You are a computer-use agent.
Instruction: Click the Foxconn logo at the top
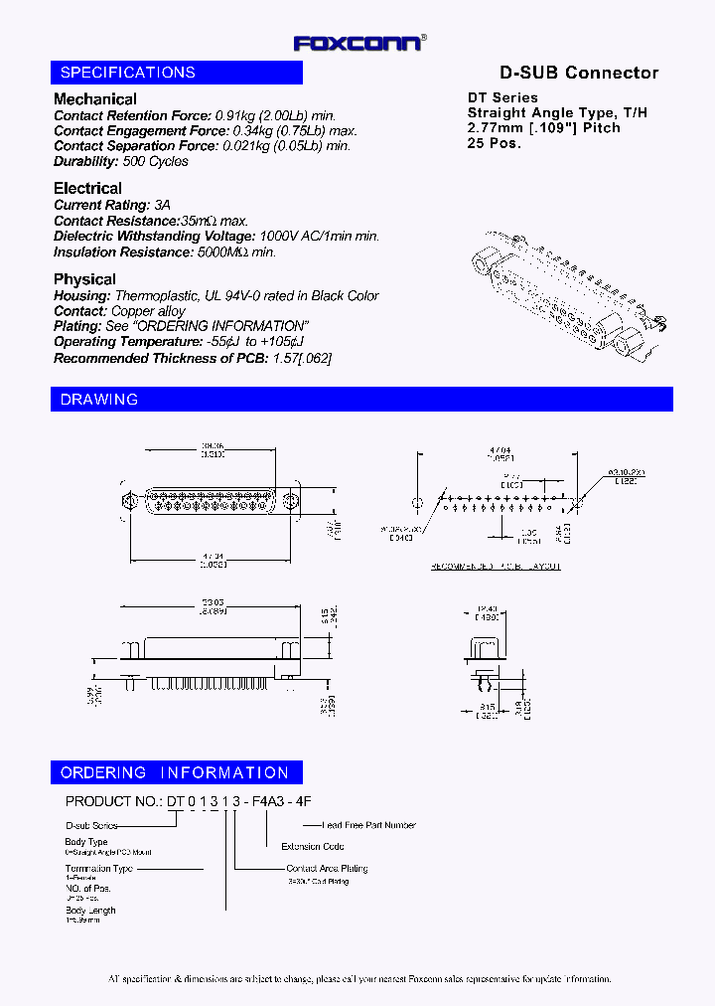357,43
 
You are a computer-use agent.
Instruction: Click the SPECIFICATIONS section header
127,73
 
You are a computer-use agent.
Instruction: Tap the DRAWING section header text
99,400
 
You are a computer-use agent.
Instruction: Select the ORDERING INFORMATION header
175,772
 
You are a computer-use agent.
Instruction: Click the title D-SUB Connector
578,73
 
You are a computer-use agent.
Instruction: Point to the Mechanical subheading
95,99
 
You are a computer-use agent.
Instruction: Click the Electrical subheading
88,189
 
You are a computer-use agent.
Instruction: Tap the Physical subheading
84,279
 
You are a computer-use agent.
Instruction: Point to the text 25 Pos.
495,142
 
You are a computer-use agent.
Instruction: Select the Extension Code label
313,846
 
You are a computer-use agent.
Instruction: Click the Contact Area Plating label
327,868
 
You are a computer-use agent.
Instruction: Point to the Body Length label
90,911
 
